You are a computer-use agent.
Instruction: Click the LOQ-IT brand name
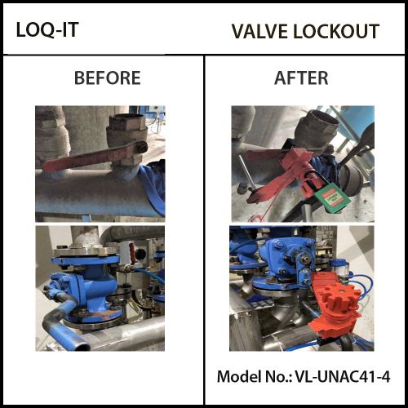47,29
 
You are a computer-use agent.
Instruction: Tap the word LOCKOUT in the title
336,32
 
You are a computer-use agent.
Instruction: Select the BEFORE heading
108,78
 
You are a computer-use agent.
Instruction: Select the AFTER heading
301,78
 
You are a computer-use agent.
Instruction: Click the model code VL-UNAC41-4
343,377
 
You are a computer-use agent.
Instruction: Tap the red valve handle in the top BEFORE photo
92,157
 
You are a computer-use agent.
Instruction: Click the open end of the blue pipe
82,346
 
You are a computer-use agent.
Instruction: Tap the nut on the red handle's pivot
142,148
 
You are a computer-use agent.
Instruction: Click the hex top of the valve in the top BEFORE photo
127,123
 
